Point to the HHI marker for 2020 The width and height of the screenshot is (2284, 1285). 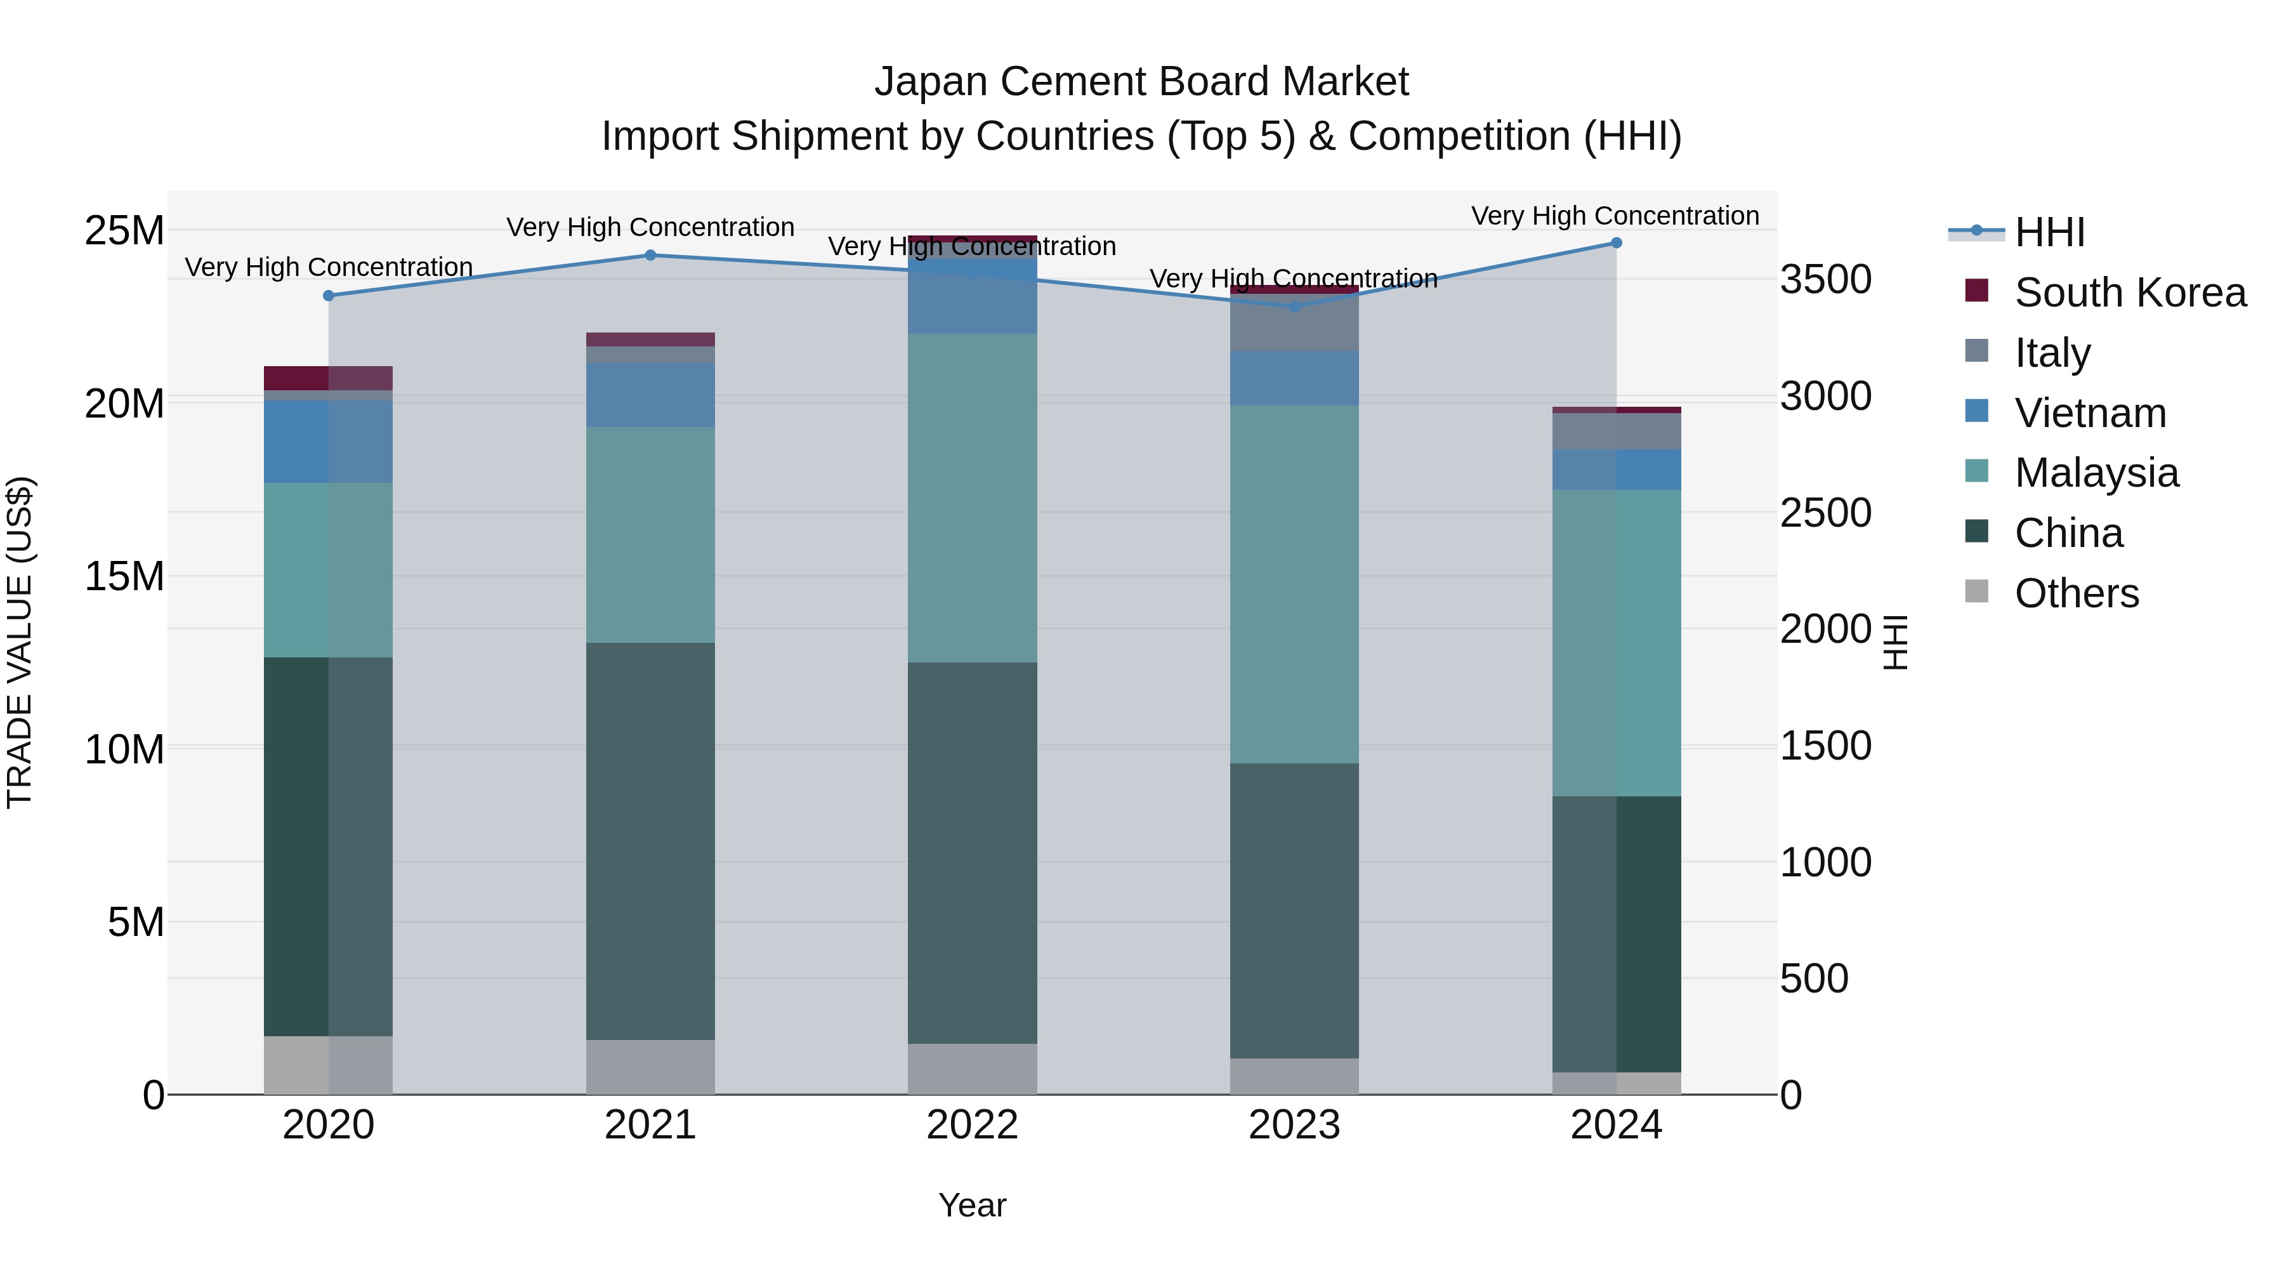tap(328, 295)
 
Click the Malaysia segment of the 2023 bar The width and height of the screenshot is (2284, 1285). tap(1294, 584)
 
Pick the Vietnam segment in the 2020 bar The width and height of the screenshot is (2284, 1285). tap(328, 442)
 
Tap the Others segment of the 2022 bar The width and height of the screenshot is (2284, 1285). tap(972, 1069)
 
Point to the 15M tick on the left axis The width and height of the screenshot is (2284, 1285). tap(124, 576)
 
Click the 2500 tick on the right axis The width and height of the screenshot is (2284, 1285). tap(1825, 513)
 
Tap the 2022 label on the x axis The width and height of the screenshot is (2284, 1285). tap(972, 1125)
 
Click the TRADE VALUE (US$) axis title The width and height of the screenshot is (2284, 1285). tap(20, 642)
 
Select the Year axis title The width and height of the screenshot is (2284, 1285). tap(972, 1205)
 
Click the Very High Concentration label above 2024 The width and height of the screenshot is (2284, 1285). tap(1615, 216)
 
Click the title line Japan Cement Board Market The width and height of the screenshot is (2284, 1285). tap(1141, 82)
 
